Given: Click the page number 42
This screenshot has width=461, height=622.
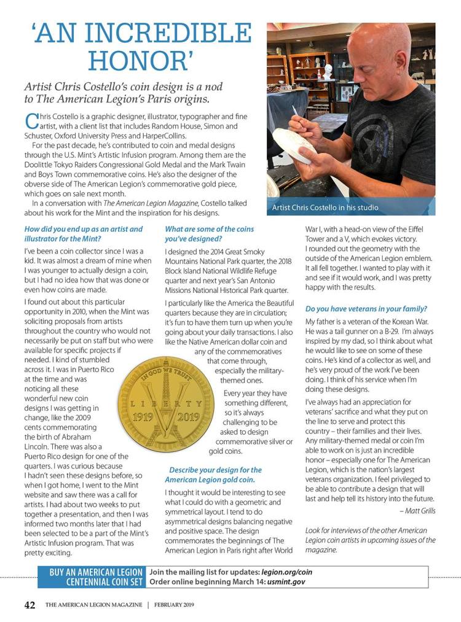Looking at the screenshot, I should [x=30, y=605].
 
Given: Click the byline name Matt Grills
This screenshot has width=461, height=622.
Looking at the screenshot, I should [x=419, y=510].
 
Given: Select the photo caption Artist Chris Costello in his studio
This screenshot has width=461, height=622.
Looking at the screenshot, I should [x=325, y=208].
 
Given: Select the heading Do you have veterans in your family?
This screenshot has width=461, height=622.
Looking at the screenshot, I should [x=366, y=308].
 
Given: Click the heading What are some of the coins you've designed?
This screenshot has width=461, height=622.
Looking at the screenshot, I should [x=209, y=233].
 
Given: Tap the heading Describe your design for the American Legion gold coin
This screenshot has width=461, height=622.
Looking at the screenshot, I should [x=214, y=474].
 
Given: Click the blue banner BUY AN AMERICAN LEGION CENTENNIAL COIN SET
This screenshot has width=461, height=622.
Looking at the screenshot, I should [x=97, y=577].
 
